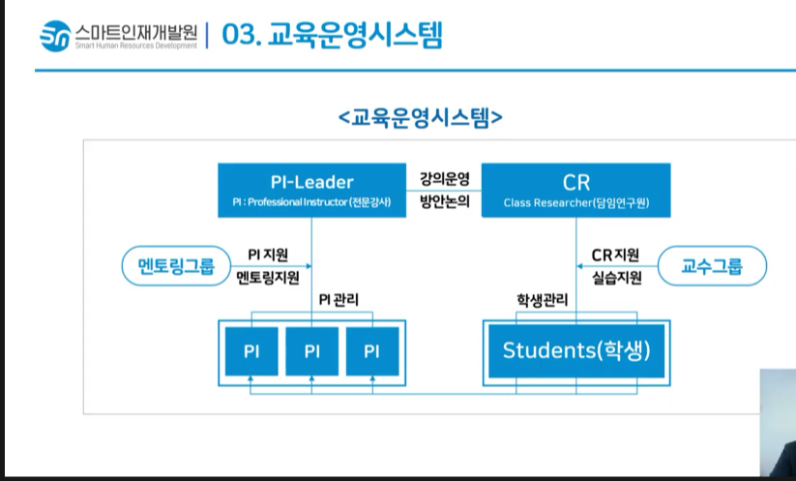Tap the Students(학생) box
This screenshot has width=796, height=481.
coord(575,349)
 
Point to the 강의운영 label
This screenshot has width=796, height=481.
coord(444,179)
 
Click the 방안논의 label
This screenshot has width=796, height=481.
coord(444,203)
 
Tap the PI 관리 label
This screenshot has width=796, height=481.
coord(339,300)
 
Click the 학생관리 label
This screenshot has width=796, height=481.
coord(542,300)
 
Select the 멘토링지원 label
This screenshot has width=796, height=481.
coord(268,277)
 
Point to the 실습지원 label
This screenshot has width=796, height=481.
coord(615,277)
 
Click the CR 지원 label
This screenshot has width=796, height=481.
coord(615,256)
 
